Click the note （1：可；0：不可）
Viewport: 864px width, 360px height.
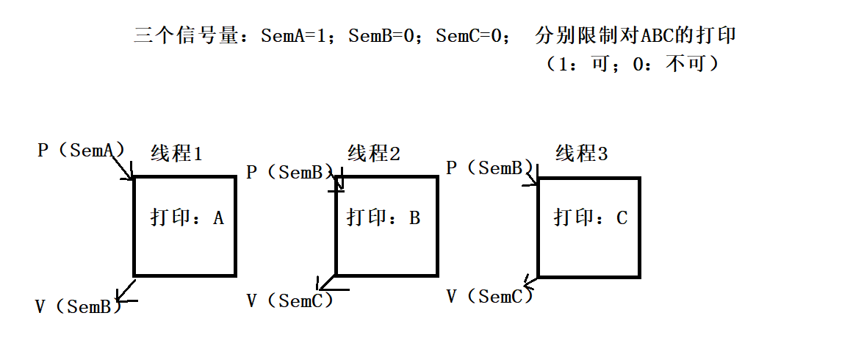630,64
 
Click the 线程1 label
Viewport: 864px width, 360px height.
176,154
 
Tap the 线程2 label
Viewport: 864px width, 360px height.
374,154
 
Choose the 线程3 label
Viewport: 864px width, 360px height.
582,154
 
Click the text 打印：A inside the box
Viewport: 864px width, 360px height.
187,218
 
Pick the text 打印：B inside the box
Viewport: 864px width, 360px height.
384,218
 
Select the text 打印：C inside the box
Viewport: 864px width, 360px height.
591,218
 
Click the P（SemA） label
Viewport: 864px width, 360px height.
81,150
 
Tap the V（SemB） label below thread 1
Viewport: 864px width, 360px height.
78,306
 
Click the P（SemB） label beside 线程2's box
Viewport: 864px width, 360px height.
289,173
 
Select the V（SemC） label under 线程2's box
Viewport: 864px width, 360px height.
289,300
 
